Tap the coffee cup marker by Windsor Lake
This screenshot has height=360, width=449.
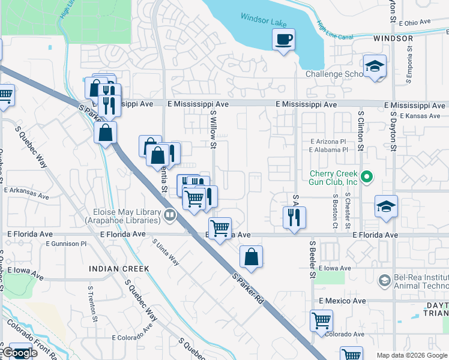click(x=283, y=40)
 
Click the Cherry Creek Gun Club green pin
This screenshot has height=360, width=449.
click(x=369, y=176)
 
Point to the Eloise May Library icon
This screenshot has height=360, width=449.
click(x=170, y=215)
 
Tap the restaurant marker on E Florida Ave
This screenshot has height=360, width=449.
click(x=294, y=217)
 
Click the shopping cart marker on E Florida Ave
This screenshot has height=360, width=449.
click(x=220, y=228)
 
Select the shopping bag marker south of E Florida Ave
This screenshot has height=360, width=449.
click(x=251, y=256)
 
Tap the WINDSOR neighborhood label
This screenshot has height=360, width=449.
click(x=393, y=38)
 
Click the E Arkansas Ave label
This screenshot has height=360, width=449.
click(x=26, y=193)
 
